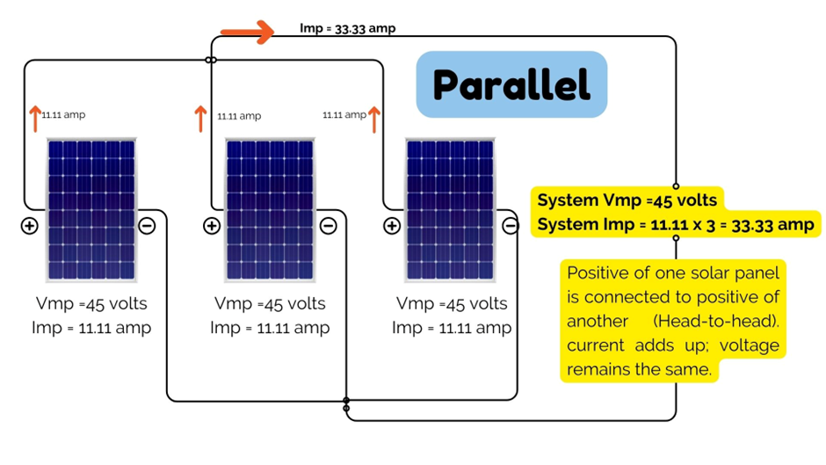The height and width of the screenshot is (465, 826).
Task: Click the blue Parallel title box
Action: click(x=511, y=84)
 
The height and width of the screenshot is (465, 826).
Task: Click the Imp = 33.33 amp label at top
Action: click(x=347, y=28)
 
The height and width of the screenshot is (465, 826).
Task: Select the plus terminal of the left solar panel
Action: click(x=30, y=226)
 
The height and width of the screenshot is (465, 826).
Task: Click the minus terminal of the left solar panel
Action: click(x=147, y=226)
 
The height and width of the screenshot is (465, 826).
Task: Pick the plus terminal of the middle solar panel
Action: click(x=211, y=226)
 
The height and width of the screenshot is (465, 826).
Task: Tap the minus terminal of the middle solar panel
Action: click(x=328, y=226)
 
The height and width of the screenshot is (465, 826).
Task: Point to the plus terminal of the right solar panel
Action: click(x=392, y=226)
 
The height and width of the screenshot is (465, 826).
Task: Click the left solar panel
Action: click(x=91, y=211)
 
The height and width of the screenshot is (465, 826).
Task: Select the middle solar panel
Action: click(x=270, y=211)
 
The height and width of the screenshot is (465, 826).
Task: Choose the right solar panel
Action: click(x=449, y=211)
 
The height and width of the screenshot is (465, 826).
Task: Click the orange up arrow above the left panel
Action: click(x=35, y=118)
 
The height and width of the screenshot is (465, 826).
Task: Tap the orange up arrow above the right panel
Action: click(x=374, y=118)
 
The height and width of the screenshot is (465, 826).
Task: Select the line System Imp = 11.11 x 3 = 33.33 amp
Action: click(x=676, y=224)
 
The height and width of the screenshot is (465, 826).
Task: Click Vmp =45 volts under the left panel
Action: click(x=91, y=304)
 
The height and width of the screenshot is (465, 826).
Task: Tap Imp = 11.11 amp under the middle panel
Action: click(x=270, y=328)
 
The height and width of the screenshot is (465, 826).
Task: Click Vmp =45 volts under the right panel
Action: click(x=452, y=304)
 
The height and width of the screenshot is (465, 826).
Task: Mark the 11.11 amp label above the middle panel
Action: click(x=239, y=116)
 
